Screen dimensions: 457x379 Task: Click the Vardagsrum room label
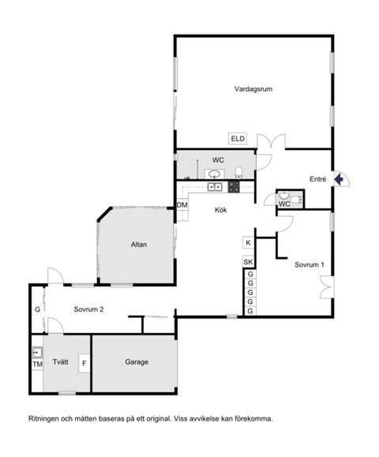(x=253, y=89)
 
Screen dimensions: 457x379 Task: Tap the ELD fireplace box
(x=238, y=139)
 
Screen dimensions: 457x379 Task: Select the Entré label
(x=318, y=179)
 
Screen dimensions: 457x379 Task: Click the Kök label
(x=222, y=210)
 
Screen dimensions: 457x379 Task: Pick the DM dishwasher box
(x=182, y=206)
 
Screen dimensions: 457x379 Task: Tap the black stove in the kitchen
(x=234, y=187)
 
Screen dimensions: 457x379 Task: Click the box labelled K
(x=248, y=243)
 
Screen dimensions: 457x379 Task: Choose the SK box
(x=248, y=262)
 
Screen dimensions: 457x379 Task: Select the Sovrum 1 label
(x=310, y=264)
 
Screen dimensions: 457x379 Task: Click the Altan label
(x=139, y=245)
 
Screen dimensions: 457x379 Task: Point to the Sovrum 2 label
(x=84, y=309)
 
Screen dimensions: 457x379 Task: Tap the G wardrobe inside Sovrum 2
(x=37, y=309)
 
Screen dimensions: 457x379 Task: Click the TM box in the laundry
(x=37, y=364)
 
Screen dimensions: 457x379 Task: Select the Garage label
(x=136, y=362)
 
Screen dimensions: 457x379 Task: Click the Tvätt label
(x=61, y=362)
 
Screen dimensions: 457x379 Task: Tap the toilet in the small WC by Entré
(x=295, y=200)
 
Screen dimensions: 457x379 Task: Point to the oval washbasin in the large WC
(x=214, y=174)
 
